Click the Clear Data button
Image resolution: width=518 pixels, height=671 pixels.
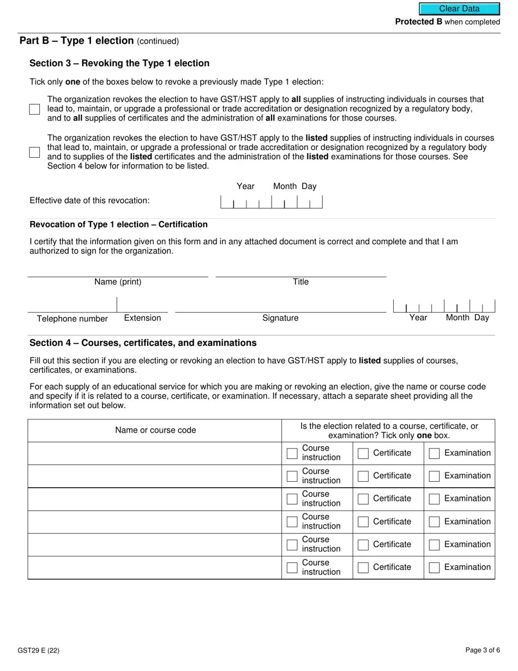coord(459,9)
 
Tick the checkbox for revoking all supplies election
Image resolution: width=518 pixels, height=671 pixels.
coord(35,109)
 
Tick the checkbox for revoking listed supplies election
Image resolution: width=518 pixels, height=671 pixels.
coord(35,152)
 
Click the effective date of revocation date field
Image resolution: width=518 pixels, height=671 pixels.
coord(271,202)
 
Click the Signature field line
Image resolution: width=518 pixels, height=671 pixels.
coord(280,306)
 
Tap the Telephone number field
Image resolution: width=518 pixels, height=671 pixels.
coord(72,306)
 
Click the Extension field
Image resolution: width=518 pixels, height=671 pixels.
coord(142,306)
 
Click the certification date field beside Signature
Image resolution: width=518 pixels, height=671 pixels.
coord(444,306)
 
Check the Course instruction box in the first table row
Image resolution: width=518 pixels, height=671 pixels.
coord(292,453)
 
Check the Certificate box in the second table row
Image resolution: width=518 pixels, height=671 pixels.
coord(363,476)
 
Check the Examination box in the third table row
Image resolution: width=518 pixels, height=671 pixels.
coord(434,499)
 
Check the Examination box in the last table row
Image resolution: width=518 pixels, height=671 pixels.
coord(434,567)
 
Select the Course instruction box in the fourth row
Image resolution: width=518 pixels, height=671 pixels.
coord(292,522)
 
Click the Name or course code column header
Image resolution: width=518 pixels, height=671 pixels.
coord(155,430)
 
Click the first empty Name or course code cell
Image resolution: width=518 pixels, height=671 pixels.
coord(155,453)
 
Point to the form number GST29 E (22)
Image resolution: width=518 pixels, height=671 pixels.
coord(38,650)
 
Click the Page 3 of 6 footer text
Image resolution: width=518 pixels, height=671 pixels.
coord(483,650)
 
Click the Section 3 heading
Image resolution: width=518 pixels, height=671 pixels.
coord(119,63)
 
